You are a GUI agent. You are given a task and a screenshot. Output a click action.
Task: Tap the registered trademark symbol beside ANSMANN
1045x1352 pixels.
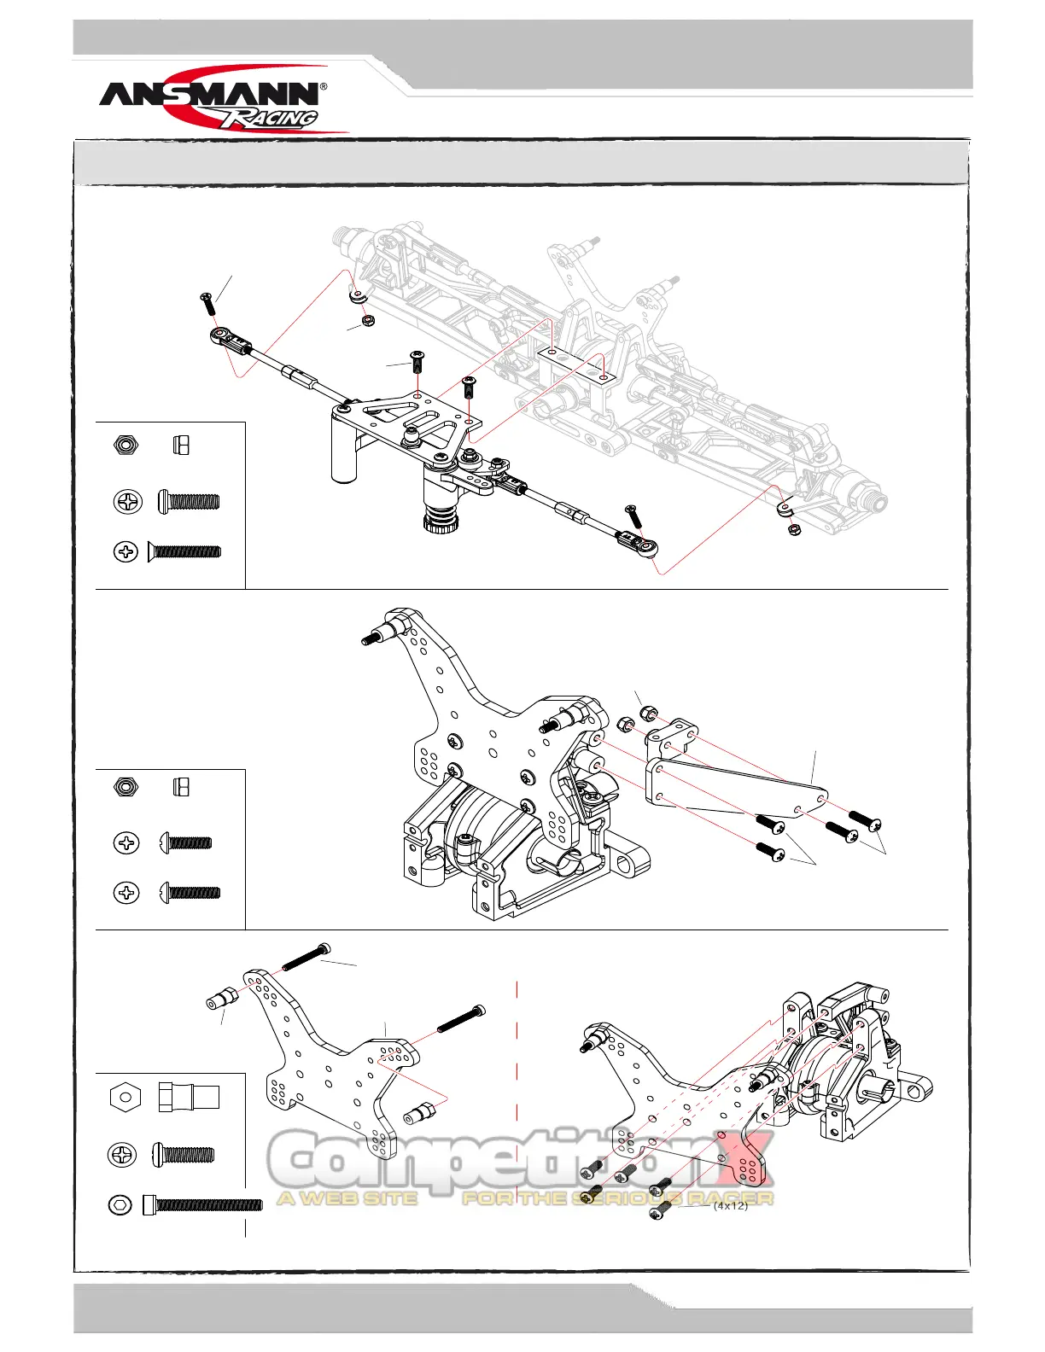[x=323, y=87]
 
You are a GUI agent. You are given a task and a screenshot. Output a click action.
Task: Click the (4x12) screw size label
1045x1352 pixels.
[x=731, y=1205]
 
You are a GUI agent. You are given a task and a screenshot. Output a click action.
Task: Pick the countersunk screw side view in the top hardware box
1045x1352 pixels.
[x=184, y=551]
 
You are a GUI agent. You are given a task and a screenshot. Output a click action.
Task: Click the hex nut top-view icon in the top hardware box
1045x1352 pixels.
[x=126, y=446]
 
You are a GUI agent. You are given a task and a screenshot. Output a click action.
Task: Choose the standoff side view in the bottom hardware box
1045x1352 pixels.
[x=189, y=1097]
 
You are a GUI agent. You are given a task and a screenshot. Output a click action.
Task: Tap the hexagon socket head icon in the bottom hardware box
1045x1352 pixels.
[x=121, y=1205]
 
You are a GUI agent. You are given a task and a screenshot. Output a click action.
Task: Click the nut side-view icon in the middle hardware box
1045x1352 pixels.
[x=180, y=786]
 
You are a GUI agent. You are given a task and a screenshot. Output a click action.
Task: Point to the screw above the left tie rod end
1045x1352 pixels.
[x=207, y=302]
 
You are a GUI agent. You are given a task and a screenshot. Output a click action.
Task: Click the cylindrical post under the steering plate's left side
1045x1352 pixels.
[x=343, y=452]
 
